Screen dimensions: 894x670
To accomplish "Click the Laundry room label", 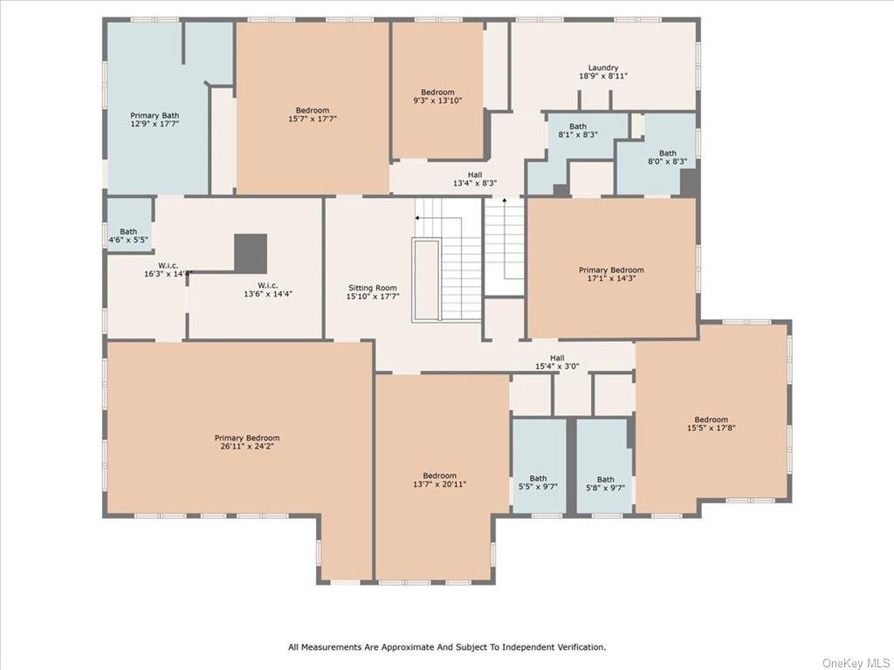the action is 603,72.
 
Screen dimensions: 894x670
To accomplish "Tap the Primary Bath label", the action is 155,119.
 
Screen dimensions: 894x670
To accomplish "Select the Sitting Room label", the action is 373,292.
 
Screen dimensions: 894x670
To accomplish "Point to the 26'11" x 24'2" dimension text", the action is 247,446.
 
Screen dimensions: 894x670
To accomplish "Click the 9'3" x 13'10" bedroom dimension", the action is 438,100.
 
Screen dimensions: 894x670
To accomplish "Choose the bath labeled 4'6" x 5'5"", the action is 128,236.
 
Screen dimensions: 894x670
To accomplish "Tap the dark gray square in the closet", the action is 251,253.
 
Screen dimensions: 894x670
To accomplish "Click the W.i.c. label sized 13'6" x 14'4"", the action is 268,290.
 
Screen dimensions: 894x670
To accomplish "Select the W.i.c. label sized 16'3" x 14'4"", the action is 168,270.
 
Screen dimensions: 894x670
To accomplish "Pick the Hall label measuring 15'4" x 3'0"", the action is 557,362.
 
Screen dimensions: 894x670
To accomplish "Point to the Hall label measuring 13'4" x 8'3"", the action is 475,180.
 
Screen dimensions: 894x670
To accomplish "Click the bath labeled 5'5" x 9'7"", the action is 538,482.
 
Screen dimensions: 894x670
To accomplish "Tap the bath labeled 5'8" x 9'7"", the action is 606,483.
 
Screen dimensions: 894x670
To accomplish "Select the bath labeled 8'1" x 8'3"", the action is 578,131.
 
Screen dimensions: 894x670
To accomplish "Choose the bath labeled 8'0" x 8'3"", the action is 668,157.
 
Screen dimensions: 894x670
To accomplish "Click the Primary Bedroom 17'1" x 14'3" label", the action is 611,274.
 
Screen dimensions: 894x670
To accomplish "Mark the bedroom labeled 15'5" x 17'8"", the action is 711,424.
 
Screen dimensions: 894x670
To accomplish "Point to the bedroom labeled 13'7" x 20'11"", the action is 440,480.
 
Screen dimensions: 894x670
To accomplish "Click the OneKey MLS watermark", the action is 856,663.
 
